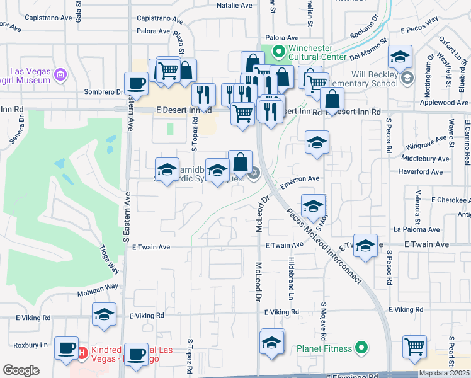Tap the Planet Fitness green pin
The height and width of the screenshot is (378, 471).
pos(361,347)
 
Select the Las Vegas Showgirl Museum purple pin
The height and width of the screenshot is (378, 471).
pos(60,76)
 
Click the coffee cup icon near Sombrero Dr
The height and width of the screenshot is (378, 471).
pos(136,83)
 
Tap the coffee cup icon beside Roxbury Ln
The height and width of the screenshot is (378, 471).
pos(65,348)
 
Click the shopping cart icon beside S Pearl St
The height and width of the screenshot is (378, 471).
pos(414,346)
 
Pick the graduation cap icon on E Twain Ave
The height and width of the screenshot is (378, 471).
pos(365,246)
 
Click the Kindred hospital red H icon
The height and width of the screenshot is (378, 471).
pos(82,352)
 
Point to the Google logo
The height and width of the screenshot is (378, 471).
pos(21,370)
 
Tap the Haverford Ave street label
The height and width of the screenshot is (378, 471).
pos(421,171)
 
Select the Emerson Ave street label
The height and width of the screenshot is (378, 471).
pos(300,180)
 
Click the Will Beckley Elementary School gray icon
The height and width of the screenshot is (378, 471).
pos(407,78)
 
